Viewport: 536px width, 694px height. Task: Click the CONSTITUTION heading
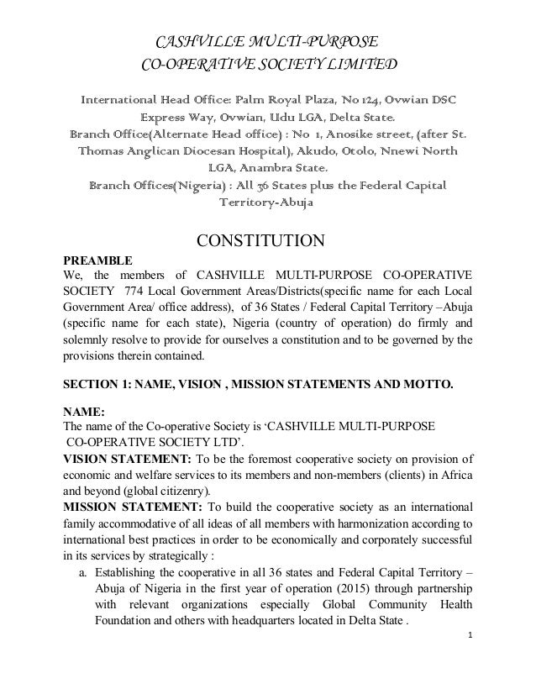pos(260,242)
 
